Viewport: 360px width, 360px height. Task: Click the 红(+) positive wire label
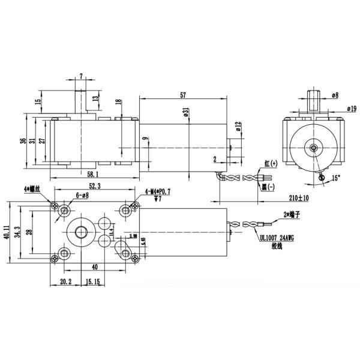click(x=271, y=163)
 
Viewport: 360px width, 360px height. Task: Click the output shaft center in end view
click(x=313, y=146)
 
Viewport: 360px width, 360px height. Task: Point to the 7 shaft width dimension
click(x=81, y=76)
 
